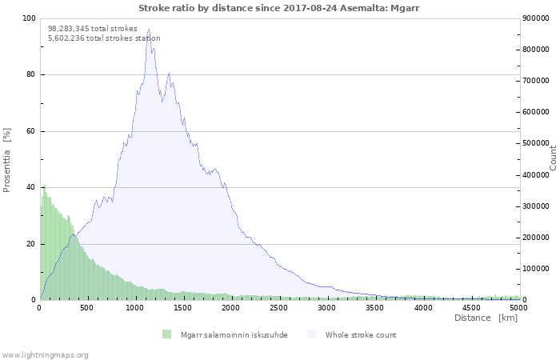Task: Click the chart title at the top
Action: (278, 8)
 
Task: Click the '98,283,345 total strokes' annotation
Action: (93, 28)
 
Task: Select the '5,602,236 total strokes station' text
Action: (104, 38)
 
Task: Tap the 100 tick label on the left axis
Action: (29, 18)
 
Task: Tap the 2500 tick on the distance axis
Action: (279, 307)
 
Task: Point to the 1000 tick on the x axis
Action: (135, 307)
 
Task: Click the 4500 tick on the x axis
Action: (471, 307)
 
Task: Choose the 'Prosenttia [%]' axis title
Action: (7, 160)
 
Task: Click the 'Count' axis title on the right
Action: (553, 158)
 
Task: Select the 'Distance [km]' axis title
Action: (486, 318)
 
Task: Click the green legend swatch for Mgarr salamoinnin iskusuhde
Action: (166, 334)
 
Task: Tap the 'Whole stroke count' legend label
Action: (360, 334)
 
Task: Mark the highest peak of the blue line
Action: (148, 30)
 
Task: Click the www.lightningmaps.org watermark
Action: (45, 354)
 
